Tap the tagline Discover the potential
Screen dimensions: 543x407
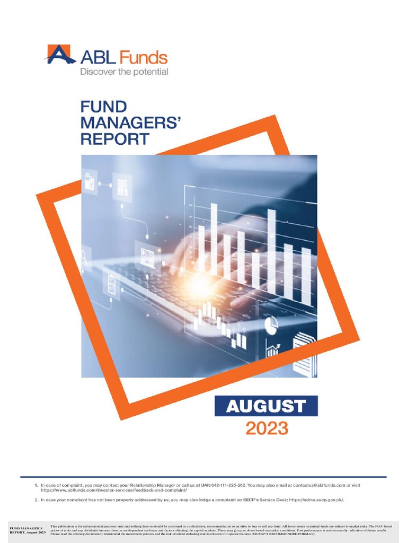(124, 72)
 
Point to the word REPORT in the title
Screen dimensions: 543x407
(114, 139)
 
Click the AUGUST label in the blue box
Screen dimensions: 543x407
(266, 406)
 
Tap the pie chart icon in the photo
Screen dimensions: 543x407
(271, 325)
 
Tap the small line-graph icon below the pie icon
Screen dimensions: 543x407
(274, 350)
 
